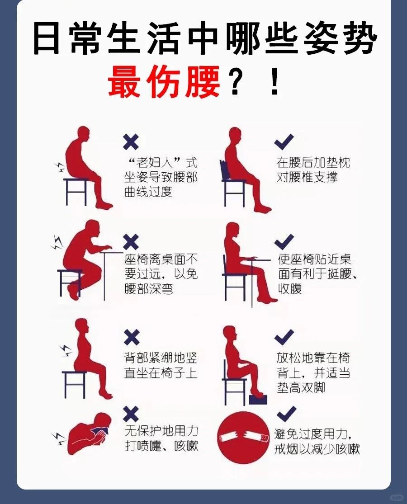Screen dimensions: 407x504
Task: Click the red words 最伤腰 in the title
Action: [x=164, y=81]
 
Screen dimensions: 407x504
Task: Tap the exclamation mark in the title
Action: [x=274, y=82]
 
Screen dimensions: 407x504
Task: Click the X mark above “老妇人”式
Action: [x=131, y=142]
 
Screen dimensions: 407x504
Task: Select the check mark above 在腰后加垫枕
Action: [x=284, y=142]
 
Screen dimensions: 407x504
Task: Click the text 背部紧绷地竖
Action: [x=161, y=358]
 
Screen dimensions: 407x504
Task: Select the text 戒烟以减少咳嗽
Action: [x=317, y=449]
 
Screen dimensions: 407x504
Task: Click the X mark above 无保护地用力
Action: [x=131, y=414]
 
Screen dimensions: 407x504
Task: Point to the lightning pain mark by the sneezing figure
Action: [x=58, y=439]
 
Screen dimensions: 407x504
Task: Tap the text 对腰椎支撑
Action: [x=307, y=177]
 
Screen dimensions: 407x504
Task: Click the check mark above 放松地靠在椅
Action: [x=284, y=337]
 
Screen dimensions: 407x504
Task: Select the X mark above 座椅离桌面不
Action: [x=131, y=242]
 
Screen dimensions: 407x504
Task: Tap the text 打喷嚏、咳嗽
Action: [x=161, y=446]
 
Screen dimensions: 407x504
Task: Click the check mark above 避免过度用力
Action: [x=286, y=414]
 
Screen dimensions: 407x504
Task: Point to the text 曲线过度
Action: [x=148, y=192]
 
